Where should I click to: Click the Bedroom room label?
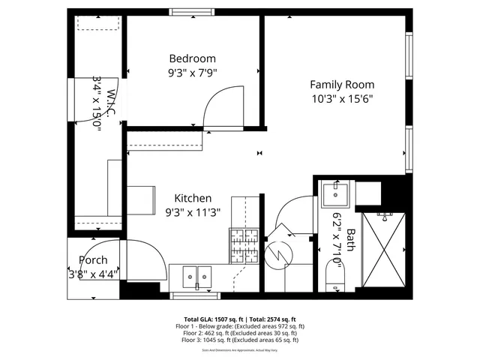pyautogui.click(x=192, y=58)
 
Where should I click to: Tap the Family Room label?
pyautogui.click(x=342, y=85)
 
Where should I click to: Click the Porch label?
pyautogui.click(x=93, y=260)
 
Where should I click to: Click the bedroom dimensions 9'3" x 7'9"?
pyautogui.click(x=192, y=73)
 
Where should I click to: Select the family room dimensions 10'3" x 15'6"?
pyautogui.click(x=342, y=99)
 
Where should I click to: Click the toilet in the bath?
pyautogui.click(x=334, y=277)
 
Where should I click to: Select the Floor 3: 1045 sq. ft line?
pyautogui.click(x=240, y=340)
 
